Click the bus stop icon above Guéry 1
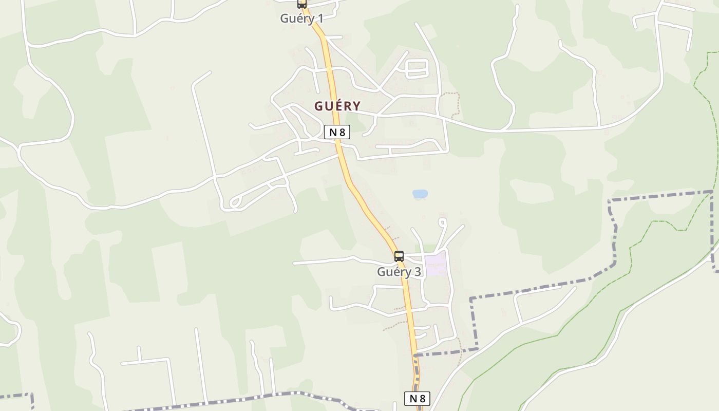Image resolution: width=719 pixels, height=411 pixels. [x=302, y=4]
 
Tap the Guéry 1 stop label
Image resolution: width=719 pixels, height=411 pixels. [x=301, y=18]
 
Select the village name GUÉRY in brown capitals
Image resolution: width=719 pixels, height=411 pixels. [x=337, y=106]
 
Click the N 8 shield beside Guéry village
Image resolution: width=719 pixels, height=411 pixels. [x=337, y=132]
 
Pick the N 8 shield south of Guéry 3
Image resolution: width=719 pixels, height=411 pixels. [x=417, y=398]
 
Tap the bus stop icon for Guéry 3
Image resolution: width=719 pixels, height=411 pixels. [x=399, y=256]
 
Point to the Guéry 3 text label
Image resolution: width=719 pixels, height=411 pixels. [x=399, y=272]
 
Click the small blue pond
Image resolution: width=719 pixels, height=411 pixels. [x=420, y=194]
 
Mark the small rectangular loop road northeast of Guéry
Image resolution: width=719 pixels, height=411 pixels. [x=417, y=69]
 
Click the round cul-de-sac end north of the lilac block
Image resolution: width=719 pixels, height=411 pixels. [x=442, y=222]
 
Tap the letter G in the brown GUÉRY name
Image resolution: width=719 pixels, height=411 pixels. [x=319, y=106]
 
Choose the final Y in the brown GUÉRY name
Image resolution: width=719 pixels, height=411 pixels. [x=356, y=106]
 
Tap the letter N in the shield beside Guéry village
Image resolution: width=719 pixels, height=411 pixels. [x=333, y=132]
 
